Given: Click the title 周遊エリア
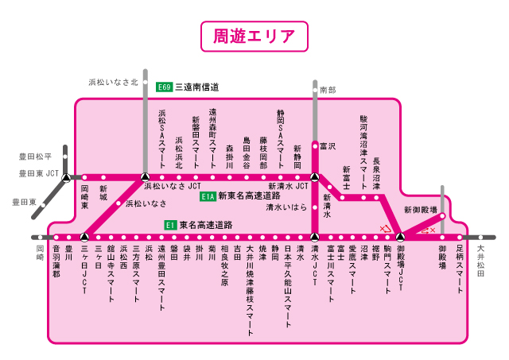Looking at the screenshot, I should point(254,37).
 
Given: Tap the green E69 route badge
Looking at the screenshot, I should point(165,87).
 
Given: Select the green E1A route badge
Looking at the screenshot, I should point(208,195).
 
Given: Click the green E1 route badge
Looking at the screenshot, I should point(169,225).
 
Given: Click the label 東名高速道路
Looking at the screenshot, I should point(205,225).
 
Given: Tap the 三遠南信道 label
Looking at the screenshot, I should point(196,87).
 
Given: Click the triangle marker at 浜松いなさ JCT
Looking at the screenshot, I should point(144,177).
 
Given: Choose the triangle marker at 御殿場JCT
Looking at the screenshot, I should point(400,237).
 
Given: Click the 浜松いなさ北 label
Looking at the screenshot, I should point(113,81).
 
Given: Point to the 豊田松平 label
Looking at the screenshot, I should point(36,157).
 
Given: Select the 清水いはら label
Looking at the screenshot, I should point(286,207).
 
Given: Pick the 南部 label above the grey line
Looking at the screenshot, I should point(328,91).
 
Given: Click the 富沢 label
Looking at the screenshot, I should point(328,146).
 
